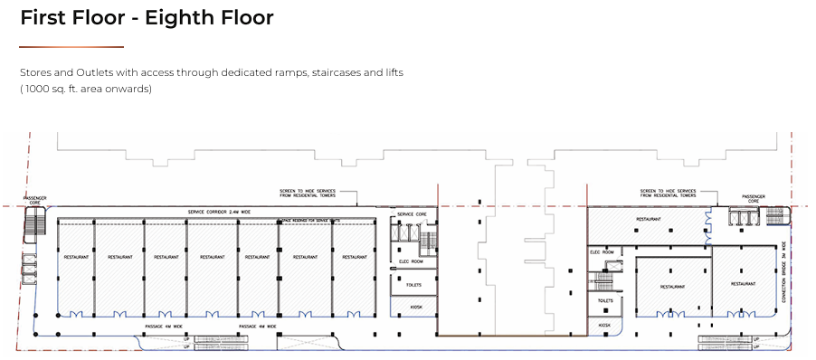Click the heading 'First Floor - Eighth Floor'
pyautogui.click(x=147, y=18)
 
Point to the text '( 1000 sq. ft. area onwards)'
pyautogui.click(x=86, y=89)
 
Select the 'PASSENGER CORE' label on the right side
pyautogui.click(x=754, y=197)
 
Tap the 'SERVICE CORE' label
pyautogui.click(x=412, y=214)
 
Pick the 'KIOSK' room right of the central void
pyautogui.click(x=603, y=324)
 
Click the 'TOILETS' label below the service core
pyautogui.click(x=413, y=284)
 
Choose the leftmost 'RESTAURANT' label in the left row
pyautogui.click(x=76, y=257)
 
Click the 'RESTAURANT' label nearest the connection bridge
pyautogui.click(x=743, y=283)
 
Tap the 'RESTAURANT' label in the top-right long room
pyautogui.click(x=647, y=219)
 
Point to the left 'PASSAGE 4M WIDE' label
pyautogui.click(x=164, y=326)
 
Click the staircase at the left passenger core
pyautogui.click(x=32, y=231)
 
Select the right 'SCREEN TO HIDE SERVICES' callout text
pyautogui.click(x=667, y=194)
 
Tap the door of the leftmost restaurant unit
pyautogui.click(x=76, y=314)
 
